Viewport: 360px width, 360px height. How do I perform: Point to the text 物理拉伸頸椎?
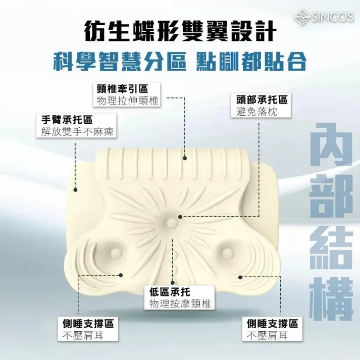click(x=127, y=100)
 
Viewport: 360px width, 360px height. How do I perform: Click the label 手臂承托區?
click(x=68, y=120)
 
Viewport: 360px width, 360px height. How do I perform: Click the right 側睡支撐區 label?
click(x=273, y=322)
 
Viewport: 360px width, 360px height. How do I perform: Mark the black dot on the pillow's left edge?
click(x=75, y=190)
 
